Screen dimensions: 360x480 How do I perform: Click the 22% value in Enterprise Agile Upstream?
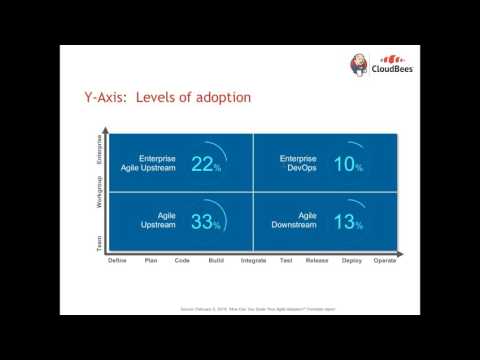point(205,164)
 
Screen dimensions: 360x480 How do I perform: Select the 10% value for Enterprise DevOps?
point(346,164)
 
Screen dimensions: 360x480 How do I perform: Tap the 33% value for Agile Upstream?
point(205,221)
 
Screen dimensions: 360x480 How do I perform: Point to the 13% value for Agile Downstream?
point(346,221)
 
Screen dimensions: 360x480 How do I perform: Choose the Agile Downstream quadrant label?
point(298,222)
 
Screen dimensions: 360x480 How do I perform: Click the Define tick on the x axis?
point(117,261)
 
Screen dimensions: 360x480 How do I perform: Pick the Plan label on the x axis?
point(150,261)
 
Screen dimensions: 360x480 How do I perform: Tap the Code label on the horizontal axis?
point(183,261)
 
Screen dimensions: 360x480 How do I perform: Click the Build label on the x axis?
point(216,261)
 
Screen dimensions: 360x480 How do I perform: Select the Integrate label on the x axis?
point(253,261)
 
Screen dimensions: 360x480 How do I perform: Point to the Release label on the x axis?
point(317,261)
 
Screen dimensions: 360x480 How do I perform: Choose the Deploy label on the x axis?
point(351,261)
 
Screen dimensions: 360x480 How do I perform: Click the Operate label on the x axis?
point(385,261)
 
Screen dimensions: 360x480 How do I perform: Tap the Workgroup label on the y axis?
point(99,192)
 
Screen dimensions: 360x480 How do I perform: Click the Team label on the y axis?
point(99,241)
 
